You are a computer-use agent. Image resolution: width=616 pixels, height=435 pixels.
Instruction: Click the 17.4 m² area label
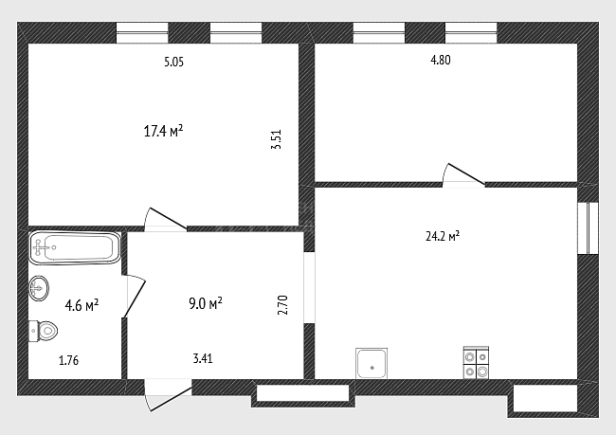163,131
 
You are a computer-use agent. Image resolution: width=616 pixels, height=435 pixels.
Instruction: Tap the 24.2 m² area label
443,236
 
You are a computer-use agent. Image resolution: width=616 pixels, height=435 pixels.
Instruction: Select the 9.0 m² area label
206,303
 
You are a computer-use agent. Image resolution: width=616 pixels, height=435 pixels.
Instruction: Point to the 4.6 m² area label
82,305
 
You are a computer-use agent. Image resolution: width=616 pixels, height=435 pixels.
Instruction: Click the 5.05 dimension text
173,62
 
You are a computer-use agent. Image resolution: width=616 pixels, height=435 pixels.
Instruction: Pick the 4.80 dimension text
441,60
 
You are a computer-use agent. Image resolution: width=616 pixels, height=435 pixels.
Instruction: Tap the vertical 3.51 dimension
276,139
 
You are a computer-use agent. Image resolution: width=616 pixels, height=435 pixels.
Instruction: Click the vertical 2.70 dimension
282,305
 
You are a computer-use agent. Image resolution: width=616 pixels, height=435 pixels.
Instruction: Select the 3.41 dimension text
203,358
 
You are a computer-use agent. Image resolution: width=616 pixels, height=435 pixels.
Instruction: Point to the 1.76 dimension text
69,360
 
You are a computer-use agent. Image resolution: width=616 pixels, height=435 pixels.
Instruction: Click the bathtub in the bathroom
75,247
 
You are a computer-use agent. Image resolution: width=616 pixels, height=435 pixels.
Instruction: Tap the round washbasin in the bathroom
39,288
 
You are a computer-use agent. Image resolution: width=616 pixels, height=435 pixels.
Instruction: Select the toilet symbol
44,331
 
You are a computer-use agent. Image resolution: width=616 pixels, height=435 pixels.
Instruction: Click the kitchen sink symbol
371,364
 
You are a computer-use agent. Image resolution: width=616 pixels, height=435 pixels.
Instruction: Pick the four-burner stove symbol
476,363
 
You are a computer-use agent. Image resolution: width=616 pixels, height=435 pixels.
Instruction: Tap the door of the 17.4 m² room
166,219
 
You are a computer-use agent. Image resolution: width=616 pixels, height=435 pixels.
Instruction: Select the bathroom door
134,297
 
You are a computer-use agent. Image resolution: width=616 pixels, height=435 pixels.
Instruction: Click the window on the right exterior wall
589,227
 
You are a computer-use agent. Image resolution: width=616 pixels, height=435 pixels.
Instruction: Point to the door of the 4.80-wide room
463,175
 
